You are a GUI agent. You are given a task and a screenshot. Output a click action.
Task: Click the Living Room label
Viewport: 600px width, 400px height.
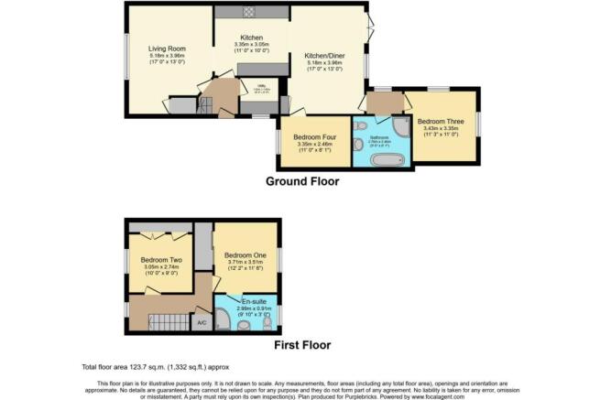(168, 49)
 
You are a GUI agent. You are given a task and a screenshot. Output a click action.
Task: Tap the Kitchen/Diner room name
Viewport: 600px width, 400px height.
(325, 54)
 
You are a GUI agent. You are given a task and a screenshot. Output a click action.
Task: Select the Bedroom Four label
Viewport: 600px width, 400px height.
(315, 135)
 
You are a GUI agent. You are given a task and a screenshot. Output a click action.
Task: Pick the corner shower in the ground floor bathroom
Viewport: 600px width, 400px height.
(402, 128)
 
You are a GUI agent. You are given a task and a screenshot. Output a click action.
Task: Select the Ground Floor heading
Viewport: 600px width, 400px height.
(302, 181)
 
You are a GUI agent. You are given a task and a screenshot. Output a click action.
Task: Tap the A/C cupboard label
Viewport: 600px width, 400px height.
(202, 322)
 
